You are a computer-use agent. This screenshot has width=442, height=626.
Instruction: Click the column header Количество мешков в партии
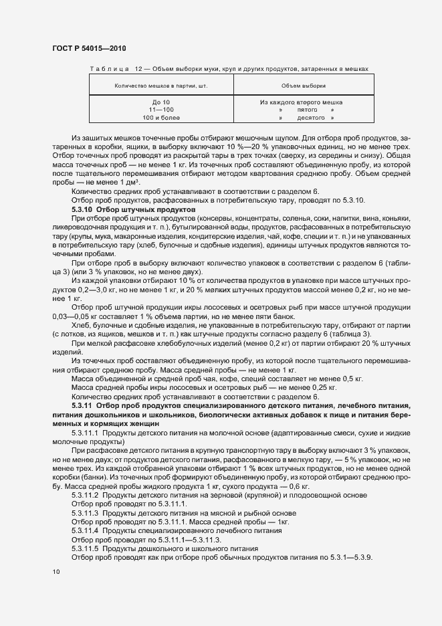(x=153, y=86)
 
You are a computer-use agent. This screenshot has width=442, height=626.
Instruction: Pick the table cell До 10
(x=153, y=102)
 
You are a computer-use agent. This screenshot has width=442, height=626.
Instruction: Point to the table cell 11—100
(x=153, y=110)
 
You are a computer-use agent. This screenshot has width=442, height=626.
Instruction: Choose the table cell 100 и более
(x=153, y=118)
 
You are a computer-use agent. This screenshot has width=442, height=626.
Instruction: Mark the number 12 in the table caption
(x=138, y=69)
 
